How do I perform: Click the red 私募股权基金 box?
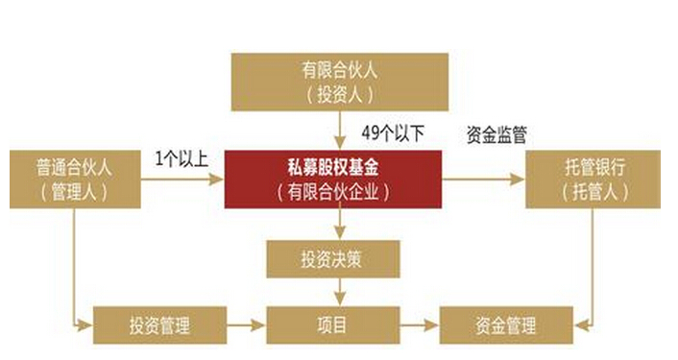coord(333,180)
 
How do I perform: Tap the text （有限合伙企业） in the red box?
coord(333,191)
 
